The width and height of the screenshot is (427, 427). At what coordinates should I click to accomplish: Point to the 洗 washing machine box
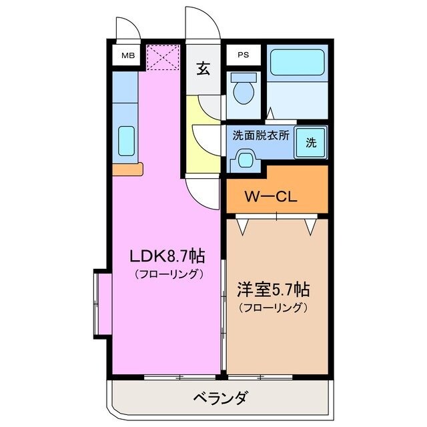(x=311, y=142)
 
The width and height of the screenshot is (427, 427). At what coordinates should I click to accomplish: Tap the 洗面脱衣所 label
(x=260, y=135)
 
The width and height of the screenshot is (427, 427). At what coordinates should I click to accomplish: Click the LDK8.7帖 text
(x=166, y=256)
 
